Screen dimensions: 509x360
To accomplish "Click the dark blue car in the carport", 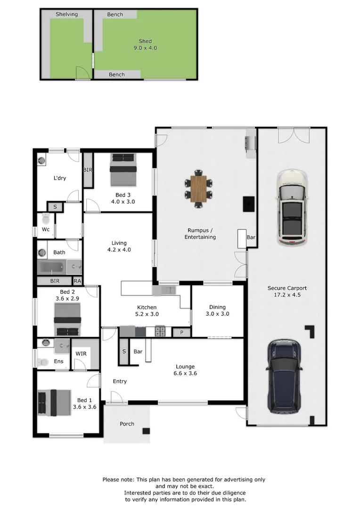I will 285,377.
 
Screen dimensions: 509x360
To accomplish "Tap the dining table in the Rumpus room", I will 199,189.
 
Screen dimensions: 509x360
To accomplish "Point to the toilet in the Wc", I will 46,219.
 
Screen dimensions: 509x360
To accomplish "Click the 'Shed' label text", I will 145,41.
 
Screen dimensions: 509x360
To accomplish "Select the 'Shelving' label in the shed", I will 66,15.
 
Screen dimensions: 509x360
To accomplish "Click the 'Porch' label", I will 127,424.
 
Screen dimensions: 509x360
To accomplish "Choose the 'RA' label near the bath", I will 77,281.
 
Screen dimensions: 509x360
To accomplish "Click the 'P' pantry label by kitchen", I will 181,333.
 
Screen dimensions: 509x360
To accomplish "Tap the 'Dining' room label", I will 218,307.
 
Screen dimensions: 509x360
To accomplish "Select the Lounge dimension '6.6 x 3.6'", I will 186,373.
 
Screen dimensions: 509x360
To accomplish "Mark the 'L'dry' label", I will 59,178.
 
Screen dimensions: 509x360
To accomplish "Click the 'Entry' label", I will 120,381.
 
